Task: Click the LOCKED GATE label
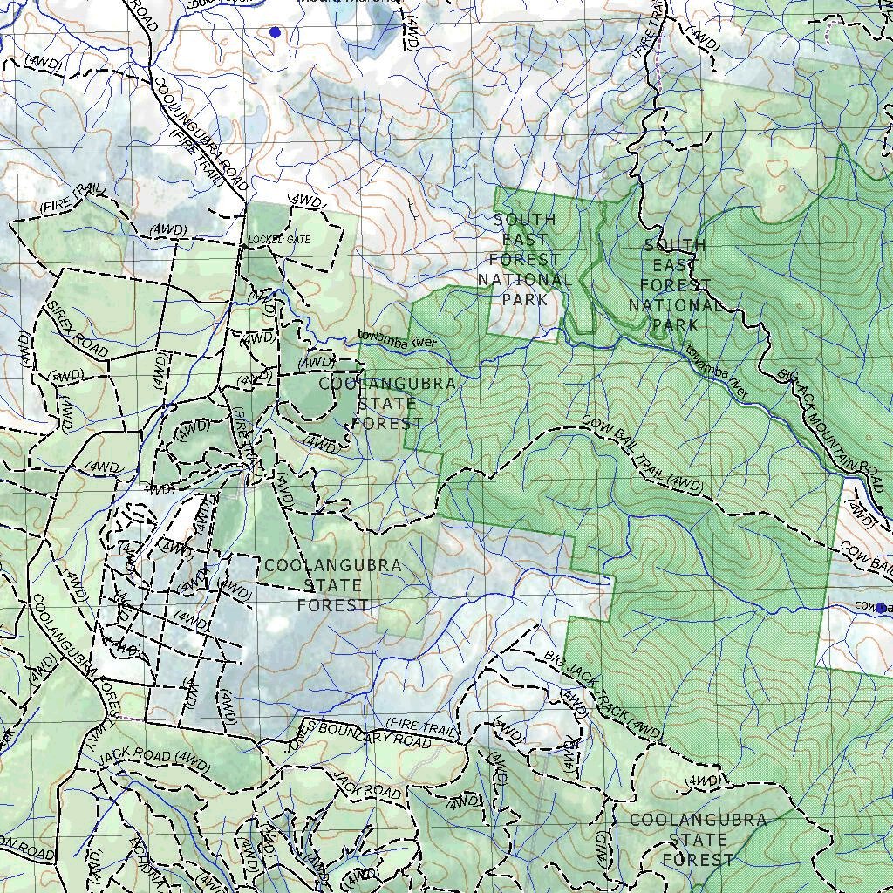point(279,239)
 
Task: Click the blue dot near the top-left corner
point(275,32)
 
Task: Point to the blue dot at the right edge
point(881,607)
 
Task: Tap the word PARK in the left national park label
point(524,300)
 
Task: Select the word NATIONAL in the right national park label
point(675,305)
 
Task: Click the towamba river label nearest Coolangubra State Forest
point(396,339)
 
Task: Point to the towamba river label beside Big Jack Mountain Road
point(716,372)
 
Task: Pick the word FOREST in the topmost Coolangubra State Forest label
point(387,422)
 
